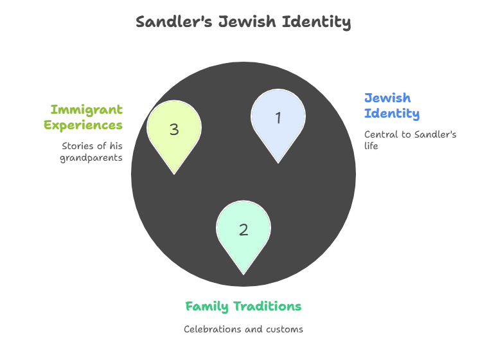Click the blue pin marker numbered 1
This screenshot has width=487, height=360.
click(278, 122)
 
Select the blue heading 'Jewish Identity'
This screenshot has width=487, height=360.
click(392, 106)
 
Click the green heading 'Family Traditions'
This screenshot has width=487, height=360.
click(243, 307)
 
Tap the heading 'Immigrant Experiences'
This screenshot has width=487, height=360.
click(84, 117)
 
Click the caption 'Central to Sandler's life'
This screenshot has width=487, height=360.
click(410, 140)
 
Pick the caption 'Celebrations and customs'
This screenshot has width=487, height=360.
click(243, 329)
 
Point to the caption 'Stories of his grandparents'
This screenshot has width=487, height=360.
click(91, 152)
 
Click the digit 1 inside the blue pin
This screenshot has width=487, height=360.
click(278, 118)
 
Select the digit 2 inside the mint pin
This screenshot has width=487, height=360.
click(243, 230)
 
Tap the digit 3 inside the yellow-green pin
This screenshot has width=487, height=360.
click(174, 129)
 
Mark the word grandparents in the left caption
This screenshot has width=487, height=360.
click(91, 157)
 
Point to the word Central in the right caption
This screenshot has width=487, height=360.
click(380, 135)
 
